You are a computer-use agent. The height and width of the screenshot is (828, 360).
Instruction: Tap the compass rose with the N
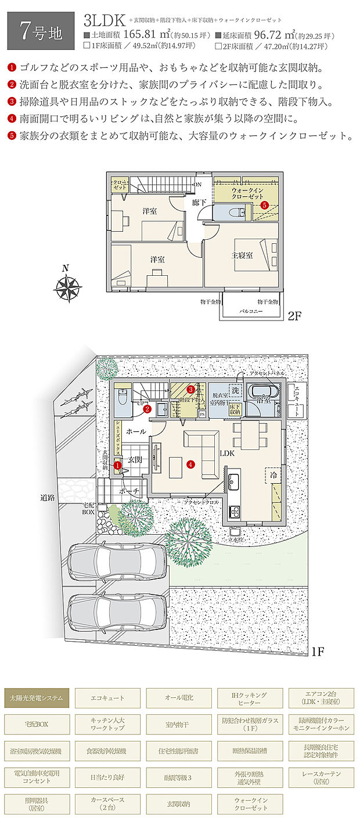pos(67,287)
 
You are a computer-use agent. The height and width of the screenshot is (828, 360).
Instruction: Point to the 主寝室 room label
pos(242,255)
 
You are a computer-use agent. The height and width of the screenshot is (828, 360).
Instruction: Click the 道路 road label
pos(48,498)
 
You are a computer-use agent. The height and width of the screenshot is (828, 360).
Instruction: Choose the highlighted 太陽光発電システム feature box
pos(37,697)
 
